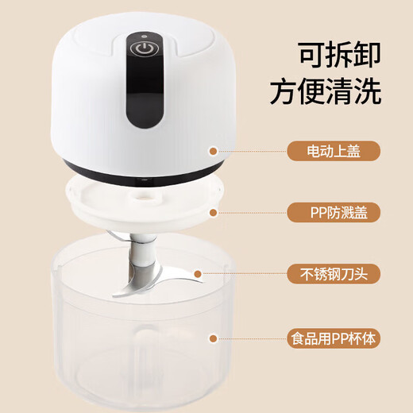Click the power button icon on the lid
point(143,48)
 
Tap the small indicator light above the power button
point(143,35)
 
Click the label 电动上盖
point(333,151)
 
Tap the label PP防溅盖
point(333,212)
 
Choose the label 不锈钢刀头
point(333,274)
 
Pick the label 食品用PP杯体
point(333,337)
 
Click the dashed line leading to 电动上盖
point(250,151)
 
